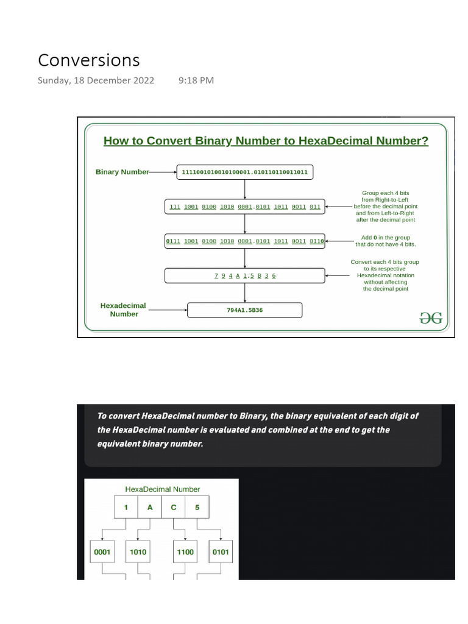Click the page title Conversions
pyautogui.click(x=88, y=60)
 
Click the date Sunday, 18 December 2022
pyautogui.click(x=96, y=80)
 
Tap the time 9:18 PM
pyautogui.click(x=196, y=80)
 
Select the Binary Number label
pyautogui.click(x=122, y=172)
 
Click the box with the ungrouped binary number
pyautogui.click(x=244, y=172)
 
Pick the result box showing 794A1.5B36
pyautogui.click(x=244, y=310)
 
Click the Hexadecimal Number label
pyautogui.click(x=123, y=310)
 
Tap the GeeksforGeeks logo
pyautogui.click(x=431, y=317)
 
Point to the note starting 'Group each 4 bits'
pyautogui.click(x=386, y=206)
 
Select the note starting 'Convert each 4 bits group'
pyautogui.click(x=385, y=275)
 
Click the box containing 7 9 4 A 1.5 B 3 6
pyautogui.click(x=244, y=275)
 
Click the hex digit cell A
pyautogui.click(x=150, y=508)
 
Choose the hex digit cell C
pyautogui.click(x=174, y=508)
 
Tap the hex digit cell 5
pyautogui.click(x=197, y=508)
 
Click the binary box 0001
pyautogui.click(x=102, y=552)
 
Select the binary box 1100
pyautogui.click(x=185, y=552)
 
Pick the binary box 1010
pyautogui.click(x=138, y=552)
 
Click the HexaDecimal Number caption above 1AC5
pyautogui.click(x=162, y=489)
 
